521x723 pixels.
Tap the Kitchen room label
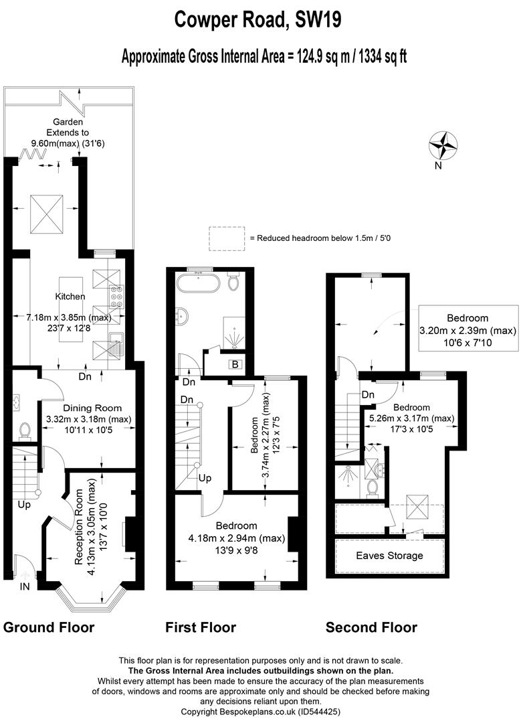[70, 297]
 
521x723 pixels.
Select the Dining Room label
[92, 408]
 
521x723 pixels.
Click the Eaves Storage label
[389, 556]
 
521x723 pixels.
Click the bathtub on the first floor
[199, 283]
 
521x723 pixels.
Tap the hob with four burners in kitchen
[116, 297]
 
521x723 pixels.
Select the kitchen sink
[116, 343]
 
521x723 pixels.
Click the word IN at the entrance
[25, 586]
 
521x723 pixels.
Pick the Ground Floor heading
[48, 627]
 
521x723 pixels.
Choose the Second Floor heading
[371, 627]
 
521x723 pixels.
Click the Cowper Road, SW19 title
[258, 20]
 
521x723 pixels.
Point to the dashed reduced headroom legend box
[227, 239]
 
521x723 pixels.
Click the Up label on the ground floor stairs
[24, 505]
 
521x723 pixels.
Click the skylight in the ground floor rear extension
[47, 215]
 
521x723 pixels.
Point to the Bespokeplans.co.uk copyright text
[260, 712]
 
